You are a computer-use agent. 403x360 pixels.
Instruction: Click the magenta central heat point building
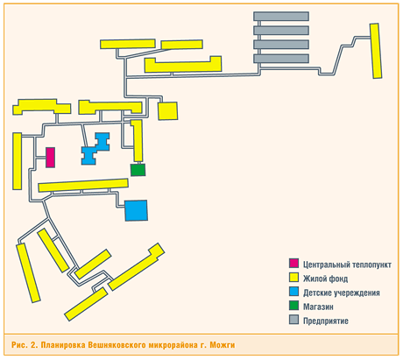click(51, 158)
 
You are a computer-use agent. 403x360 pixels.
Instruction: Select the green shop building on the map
click(138, 170)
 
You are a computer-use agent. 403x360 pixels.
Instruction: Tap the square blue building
click(136, 210)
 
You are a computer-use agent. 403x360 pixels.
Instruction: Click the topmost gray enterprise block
click(281, 16)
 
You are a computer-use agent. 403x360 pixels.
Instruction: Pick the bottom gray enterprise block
click(281, 59)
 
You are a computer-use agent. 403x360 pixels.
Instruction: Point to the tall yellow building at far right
click(376, 51)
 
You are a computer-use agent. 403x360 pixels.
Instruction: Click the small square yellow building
click(168, 111)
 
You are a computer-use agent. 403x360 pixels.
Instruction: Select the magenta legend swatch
click(293, 263)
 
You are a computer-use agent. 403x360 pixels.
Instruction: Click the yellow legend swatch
click(293, 278)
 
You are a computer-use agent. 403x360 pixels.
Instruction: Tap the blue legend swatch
click(293, 292)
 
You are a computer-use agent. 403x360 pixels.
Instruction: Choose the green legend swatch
click(293, 306)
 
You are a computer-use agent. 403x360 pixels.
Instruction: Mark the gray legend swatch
click(293, 320)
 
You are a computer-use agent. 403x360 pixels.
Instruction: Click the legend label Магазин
click(318, 307)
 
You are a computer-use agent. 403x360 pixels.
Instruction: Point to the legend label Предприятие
click(326, 321)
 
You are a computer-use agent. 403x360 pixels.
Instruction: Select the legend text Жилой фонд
click(325, 279)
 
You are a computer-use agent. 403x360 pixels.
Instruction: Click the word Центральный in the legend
click(327, 265)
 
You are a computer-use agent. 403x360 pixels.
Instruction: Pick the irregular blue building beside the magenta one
click(95, 149)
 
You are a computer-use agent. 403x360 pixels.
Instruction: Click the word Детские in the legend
click(317, 293)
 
